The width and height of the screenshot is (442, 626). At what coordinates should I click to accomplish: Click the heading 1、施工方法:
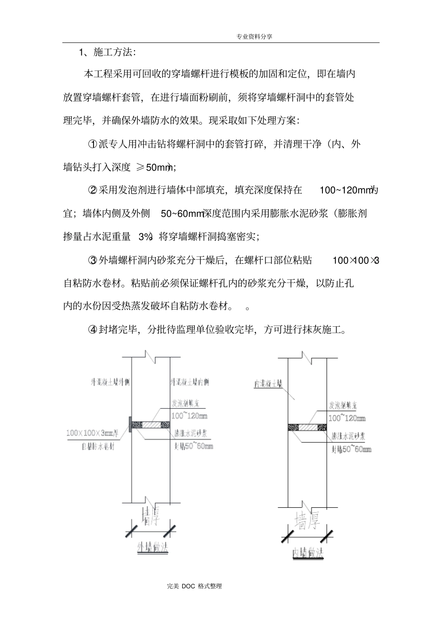click(x=107, y=52)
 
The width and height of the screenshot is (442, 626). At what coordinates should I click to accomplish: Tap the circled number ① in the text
click(x=92, y=144)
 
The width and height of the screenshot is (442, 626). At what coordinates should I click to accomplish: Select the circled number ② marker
click(x=92, y=190)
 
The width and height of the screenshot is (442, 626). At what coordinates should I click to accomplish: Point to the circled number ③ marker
click(x=92, y=260)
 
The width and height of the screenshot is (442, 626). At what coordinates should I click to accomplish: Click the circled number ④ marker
click(x=92, y=330)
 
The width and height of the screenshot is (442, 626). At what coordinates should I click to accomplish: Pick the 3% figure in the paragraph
click(x=145, y=236)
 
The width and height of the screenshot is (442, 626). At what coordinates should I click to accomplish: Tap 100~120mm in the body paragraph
click(x=347, y=190)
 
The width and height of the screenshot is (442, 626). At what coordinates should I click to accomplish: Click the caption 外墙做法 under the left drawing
click(x=152, y=548)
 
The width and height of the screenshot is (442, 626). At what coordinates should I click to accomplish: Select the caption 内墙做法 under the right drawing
click(x=308, y=552)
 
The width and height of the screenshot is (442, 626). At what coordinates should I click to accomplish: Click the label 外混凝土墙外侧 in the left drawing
click(x=110, y=383)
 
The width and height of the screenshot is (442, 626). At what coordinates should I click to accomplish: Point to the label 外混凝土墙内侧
click(x=190, y=383)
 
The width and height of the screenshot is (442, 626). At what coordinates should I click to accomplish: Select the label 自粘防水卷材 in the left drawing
click(x=98, y=446)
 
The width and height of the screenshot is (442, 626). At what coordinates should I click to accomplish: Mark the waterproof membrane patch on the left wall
click(x=130, y=424)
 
